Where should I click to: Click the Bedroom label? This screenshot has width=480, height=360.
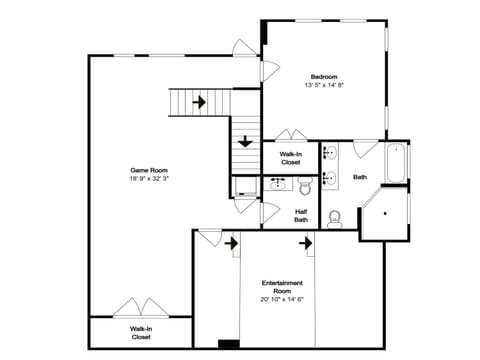(323, 77)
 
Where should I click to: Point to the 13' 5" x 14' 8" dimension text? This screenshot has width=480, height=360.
(323, 86)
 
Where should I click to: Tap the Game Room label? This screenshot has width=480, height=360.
(146, 170)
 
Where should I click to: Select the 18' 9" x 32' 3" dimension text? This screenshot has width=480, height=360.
(146, 179)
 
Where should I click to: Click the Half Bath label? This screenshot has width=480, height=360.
(301, 215)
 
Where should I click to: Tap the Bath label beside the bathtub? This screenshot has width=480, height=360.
(359, 177)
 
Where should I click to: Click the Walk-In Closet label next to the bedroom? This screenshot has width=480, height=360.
(291, 157)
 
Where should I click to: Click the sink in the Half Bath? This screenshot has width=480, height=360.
(277, 184)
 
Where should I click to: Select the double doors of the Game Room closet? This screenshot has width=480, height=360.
(138, 309)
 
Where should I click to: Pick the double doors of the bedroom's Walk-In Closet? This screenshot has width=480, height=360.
(290, 135)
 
